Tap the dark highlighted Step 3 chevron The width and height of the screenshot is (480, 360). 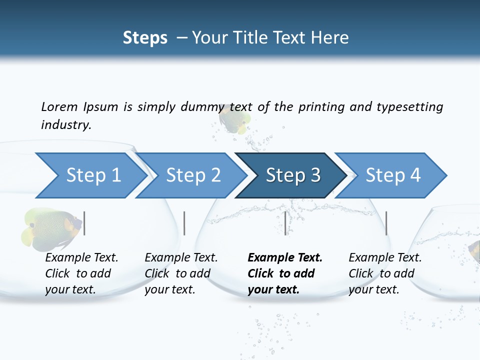[x=293, y=175]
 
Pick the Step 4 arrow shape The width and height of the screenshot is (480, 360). [x=393, y=175]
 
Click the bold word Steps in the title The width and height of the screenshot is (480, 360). [x=145, y=37]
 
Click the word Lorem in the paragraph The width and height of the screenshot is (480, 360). [x=59, y=106]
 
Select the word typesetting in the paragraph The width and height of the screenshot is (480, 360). [x=409, y=106]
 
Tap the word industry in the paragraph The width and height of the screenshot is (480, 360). [x=65, y=124]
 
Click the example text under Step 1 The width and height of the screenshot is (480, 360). [x=81, y=273]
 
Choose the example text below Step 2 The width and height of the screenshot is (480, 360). [x=181, y=273]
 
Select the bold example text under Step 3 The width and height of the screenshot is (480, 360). [x=285, y=273]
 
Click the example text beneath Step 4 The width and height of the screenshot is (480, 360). [x=385, y=273]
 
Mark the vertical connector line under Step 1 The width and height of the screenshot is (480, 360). [x=84, y=223]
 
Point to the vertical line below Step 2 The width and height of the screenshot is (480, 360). [x=184, y=223]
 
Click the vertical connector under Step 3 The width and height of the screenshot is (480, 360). [x=285, y=223]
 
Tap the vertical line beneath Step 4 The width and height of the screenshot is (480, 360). [x=386, y=223]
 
